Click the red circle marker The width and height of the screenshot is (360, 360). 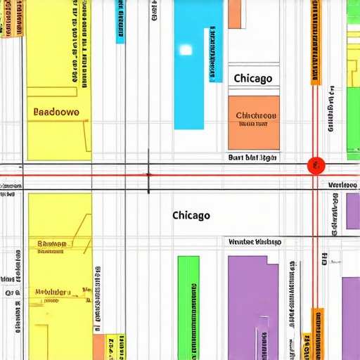point(316,165)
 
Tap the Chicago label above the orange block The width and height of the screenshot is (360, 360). point(252,78)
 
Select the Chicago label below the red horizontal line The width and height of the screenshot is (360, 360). point(191,215)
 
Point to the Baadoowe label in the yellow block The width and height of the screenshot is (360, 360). point(56,112)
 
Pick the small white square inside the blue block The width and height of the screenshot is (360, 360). point(186,49)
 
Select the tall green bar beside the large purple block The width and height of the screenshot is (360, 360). point(188,307)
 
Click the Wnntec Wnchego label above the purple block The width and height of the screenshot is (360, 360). point(255,242)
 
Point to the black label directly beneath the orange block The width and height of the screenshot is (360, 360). point(252,158)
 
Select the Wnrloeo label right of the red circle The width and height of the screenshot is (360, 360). point(344,185)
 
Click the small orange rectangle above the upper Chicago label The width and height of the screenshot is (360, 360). point(234,14)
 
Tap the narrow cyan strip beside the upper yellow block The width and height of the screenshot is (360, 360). point(120,21)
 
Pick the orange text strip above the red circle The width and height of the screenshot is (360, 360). point(316,42)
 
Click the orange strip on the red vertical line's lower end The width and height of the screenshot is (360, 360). point(317,334)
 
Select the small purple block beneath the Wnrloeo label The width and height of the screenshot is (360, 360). point(352,211)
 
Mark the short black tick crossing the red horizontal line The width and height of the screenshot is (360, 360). point(148,173)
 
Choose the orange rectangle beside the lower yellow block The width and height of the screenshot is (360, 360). point(98,347)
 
